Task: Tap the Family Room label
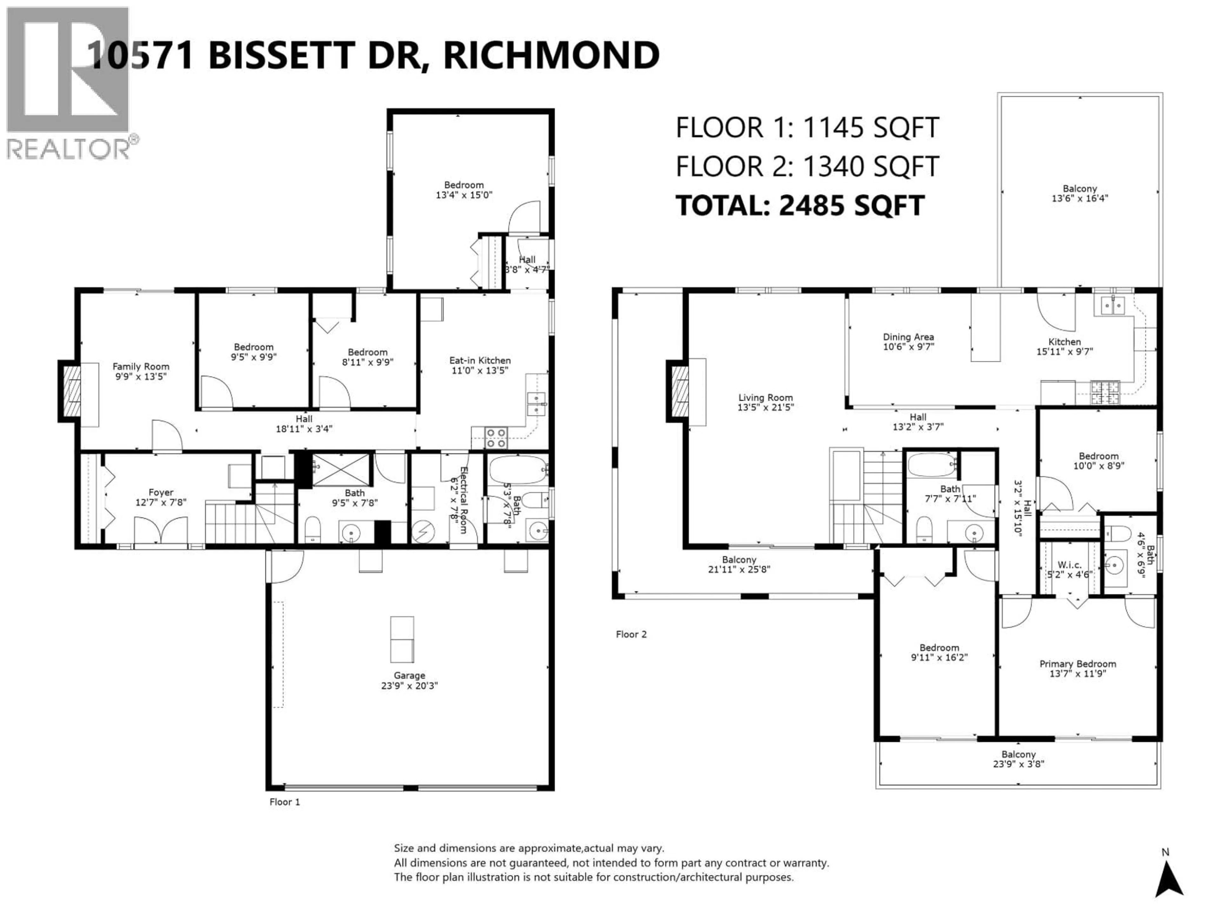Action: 141,366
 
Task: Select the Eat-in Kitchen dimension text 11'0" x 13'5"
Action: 479,371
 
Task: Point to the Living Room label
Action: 765,397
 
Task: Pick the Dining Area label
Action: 908,337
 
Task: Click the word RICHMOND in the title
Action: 551,55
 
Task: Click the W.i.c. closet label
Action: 1069,565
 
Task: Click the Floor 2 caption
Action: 631,634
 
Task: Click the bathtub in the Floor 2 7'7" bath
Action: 932,466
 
